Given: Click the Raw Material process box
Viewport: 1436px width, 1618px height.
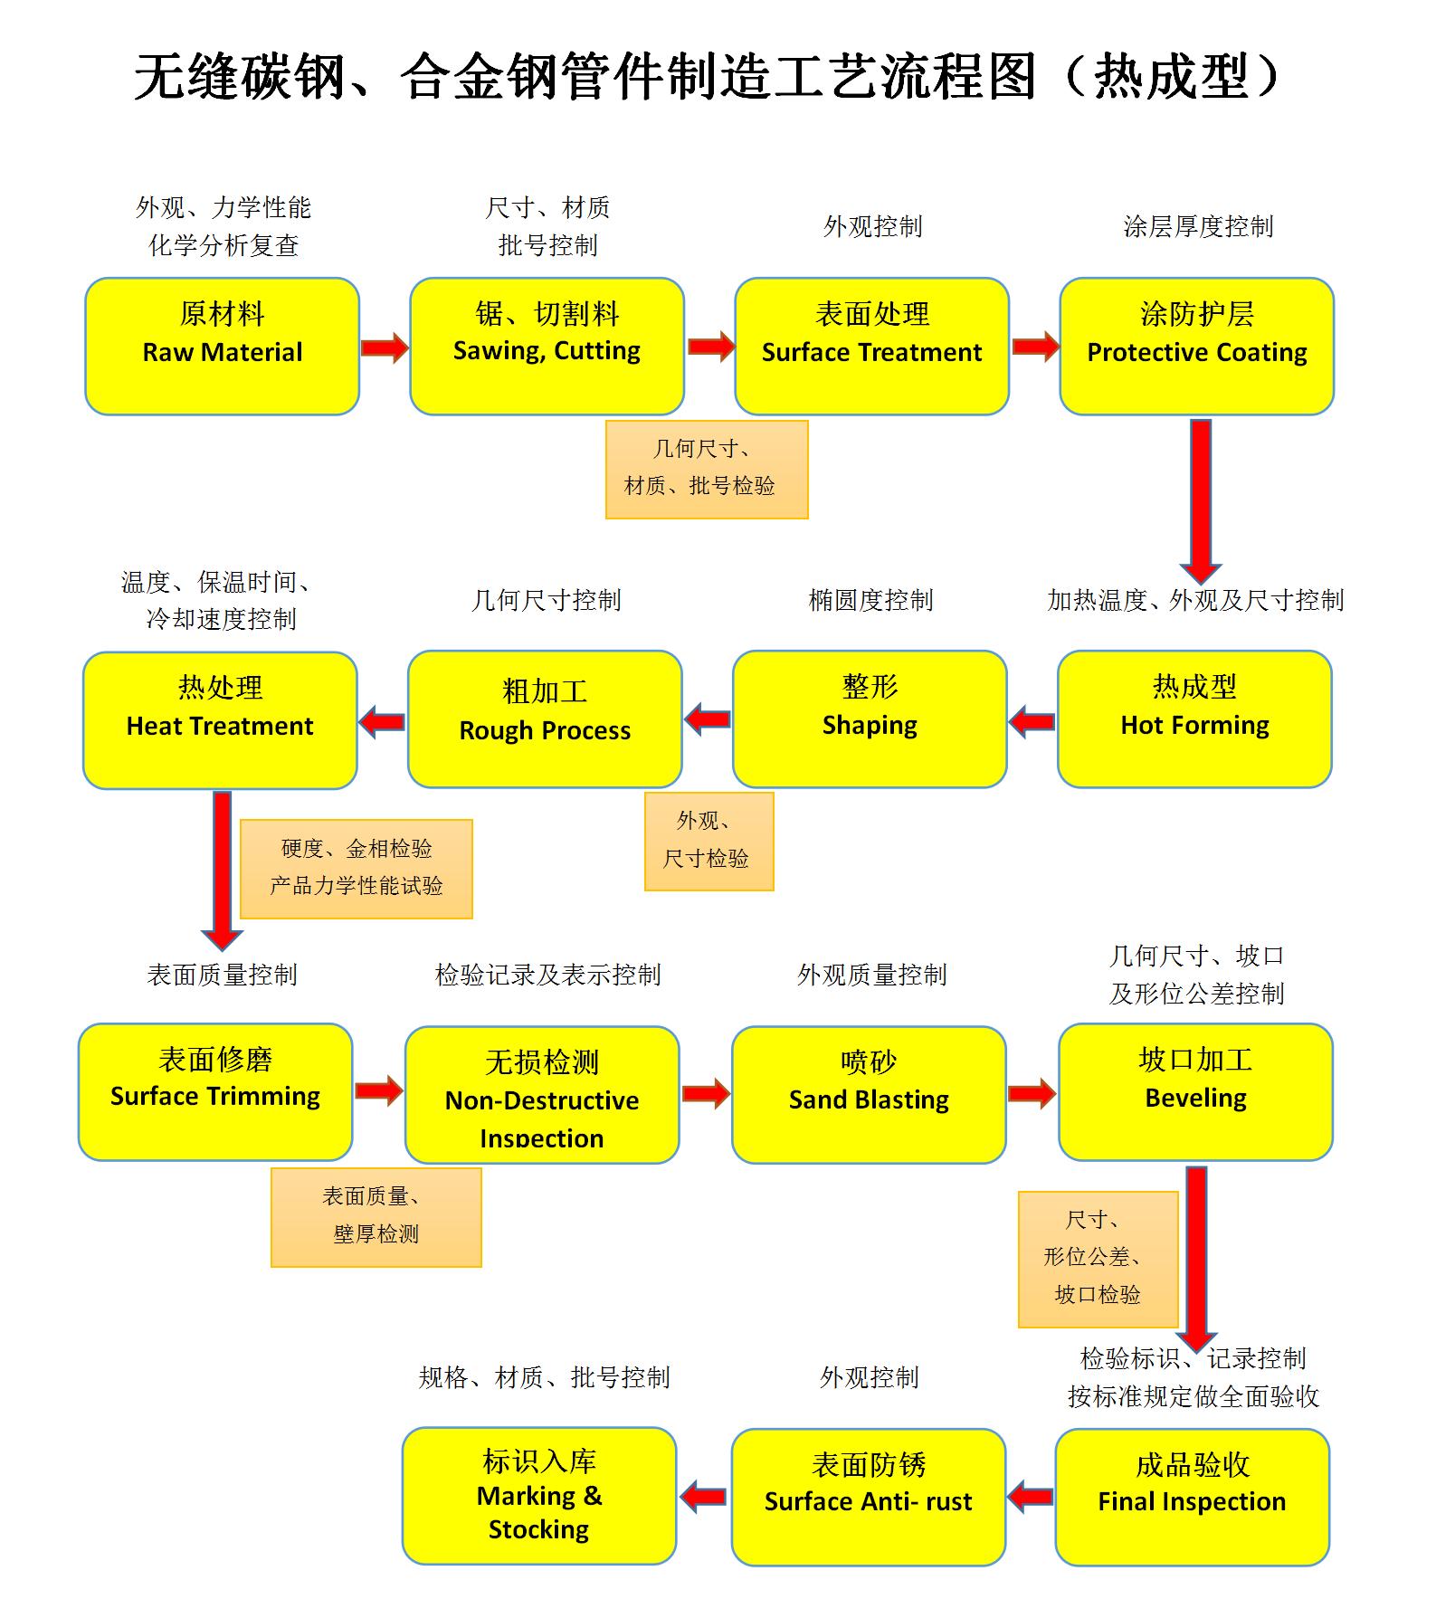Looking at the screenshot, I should click(222, 347).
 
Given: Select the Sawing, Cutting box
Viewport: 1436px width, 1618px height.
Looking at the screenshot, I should click(547, 347).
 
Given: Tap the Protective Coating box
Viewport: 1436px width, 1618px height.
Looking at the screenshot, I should click(1196, 347).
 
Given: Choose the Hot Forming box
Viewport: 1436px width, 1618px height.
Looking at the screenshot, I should click(1194, 719).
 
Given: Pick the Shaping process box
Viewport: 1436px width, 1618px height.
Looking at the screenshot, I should click(870, 719).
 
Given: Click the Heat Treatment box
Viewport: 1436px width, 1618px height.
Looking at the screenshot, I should click(220, 720).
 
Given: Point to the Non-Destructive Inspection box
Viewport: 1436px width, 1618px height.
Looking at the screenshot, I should click(541, 1094).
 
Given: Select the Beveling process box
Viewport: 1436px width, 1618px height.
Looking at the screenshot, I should click(1195, 1092).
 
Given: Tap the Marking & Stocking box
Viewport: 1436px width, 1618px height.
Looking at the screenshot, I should click(538, 1496).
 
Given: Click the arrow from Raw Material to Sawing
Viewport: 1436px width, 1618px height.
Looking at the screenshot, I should click(385, 347).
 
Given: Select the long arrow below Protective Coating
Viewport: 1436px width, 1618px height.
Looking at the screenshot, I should click(1201, 500).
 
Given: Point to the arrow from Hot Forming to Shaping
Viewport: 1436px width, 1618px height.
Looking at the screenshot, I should click(1032, 722).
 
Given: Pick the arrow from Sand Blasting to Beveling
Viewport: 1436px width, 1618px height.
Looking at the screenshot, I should click(1032, 1093).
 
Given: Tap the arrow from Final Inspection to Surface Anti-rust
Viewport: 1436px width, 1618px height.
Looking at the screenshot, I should click(1030, 1497).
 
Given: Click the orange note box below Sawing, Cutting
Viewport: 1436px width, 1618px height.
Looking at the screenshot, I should click(706, 469).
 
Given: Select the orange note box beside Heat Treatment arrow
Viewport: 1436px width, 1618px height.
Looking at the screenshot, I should click(356, 869).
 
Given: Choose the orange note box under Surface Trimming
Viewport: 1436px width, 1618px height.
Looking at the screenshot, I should click(376, 1217).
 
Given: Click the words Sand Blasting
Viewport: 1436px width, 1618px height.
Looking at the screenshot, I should click(869, 1100).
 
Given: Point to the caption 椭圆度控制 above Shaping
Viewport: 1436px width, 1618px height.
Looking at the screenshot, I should click(870, 600).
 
